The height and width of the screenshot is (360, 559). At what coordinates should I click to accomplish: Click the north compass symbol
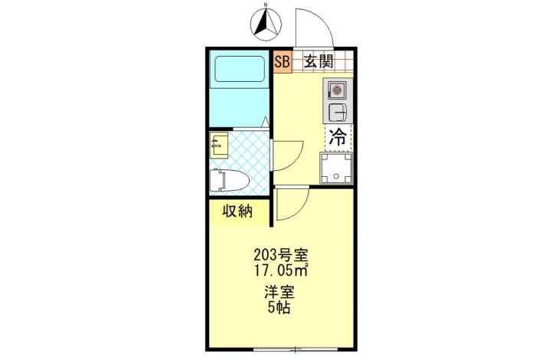(x=266, y=24)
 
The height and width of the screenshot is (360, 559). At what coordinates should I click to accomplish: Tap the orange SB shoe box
(x=282, y=62)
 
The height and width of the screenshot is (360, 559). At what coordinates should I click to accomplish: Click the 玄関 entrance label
(x=319, y=62)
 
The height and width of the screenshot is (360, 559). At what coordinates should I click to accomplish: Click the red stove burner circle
(x=337, y=90)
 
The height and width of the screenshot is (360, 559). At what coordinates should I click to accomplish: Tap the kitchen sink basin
(x=337, y=112)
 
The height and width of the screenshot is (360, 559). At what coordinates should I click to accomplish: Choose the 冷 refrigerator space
(x=338, y=137)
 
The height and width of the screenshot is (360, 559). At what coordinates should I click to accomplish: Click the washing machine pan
(x=336, y=168)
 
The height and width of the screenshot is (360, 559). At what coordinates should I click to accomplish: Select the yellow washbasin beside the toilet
(x=219, y=145)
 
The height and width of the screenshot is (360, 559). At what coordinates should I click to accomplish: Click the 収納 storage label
(x=238, y=211)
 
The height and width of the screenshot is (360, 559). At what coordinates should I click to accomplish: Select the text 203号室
(x=280, y=255)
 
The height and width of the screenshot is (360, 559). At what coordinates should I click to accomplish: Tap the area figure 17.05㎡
(x=280, y=270)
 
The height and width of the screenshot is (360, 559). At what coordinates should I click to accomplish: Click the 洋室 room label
(x=279, y=293)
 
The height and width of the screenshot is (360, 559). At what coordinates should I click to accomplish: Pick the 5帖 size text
(x=279, y=308)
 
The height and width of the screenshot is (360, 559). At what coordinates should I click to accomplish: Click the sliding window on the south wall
(x=296, y=349)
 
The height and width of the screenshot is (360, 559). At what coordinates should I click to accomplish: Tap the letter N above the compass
(x=266, y=5)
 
